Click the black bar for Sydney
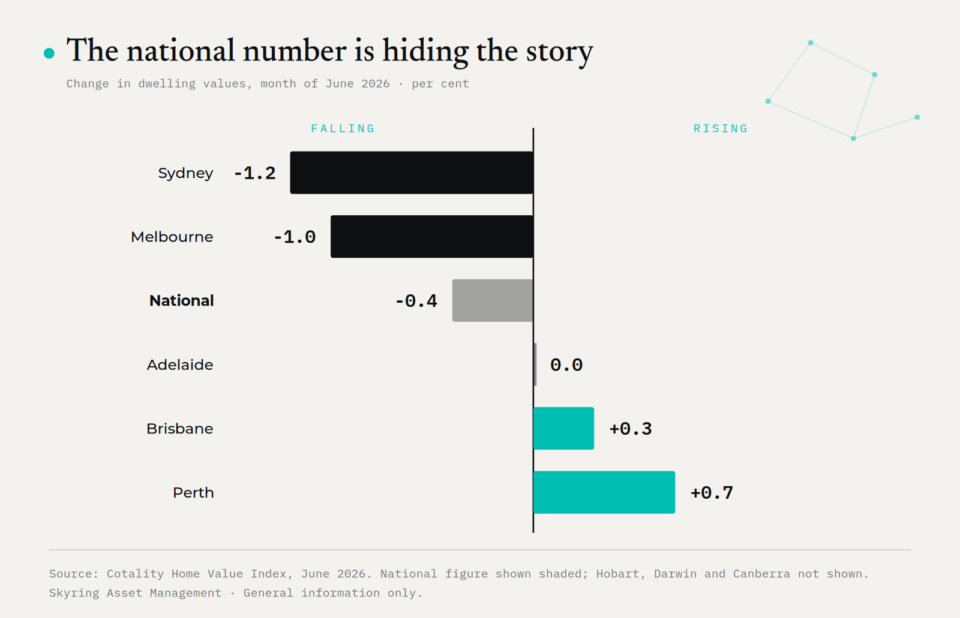(412, 173)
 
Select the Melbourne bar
(432, 236)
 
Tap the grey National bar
(493, 301)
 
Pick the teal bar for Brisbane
(563, 428)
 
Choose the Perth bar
(604, 492)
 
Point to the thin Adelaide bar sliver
(535, 364)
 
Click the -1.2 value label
(254, 173)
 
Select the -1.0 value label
(295, 237)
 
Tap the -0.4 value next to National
(416, 301)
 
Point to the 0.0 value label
(566, 365)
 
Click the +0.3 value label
(631, 429)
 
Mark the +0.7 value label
(712, 493)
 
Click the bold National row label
(181, 301)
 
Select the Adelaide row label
(180, 365)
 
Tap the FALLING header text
(343, 128)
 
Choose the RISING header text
(721, 128)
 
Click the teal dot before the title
(49, 53)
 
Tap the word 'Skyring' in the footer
(74, 593)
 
